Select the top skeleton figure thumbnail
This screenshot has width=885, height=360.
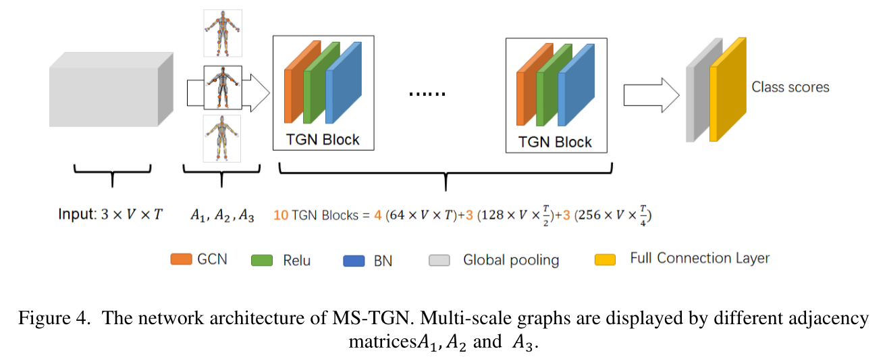point(222,32)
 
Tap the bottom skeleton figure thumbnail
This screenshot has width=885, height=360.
point(222,138)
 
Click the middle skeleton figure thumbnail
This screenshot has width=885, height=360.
point(222,86)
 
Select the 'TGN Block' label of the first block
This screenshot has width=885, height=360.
point(323,140)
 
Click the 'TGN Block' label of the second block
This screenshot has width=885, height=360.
point(555,142)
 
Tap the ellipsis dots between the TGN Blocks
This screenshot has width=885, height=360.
point(427,93)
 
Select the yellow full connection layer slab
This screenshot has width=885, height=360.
point(728,90)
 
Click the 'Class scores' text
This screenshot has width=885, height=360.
point(790,87)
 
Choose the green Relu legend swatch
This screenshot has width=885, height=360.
point(261,260)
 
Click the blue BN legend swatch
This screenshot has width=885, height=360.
point(354,260)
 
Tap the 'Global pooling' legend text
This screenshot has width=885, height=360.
point(510,260)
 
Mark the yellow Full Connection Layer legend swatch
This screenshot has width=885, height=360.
point(606,259)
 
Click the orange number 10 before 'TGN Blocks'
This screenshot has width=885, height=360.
point(281,215)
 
